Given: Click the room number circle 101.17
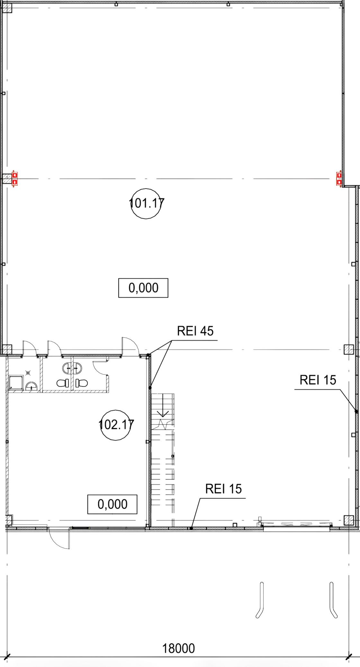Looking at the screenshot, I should [146, 203].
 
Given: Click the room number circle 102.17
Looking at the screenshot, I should [116, 425].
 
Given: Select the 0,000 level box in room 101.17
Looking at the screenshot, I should [143, 288].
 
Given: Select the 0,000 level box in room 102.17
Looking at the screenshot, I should [113, 504].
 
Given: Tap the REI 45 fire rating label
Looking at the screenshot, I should [195, 331].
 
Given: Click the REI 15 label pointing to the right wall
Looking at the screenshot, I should [318, 380].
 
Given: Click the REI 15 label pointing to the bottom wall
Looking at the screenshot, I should [223, 489].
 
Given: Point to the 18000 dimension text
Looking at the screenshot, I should [178, 648].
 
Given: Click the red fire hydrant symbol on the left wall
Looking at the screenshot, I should [14, 179].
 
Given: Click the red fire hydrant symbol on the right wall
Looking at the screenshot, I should [339, 179].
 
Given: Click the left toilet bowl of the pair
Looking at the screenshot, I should [63, 383].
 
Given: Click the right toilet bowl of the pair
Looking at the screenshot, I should [82, 383].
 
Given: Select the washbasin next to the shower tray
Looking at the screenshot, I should [31, 386].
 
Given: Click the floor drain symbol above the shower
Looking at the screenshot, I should [28, 373].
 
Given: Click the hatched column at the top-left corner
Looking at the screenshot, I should [7, 8].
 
